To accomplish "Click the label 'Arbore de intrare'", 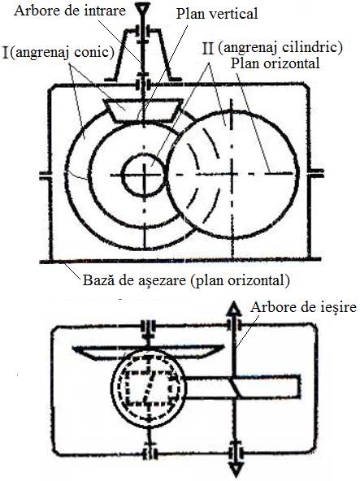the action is click(x=70, y=11).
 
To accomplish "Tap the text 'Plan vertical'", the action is click(x=217, y=14).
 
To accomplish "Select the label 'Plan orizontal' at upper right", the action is click(x=275, y=63).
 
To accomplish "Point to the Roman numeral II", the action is click(x=208, y=49).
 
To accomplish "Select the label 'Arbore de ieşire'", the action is click(x=303, y=307).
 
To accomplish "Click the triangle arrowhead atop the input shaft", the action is click(x=143, y=7).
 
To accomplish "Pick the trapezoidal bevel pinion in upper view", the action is click(x=143, y=110).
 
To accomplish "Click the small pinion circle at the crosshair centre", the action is click(x=143, y=175).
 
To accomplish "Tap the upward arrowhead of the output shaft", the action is click(x=234, y=309).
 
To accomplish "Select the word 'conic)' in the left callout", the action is click(x=95, y=53).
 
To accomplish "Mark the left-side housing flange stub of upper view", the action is click(x=46, y=175).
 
